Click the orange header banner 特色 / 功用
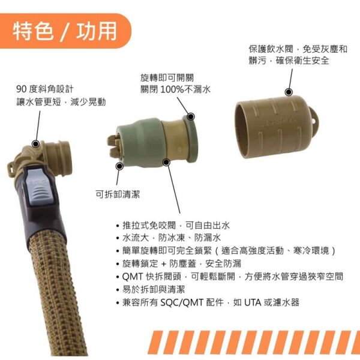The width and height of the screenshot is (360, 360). pos(65,31)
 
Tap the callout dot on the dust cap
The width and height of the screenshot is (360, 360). pos(289,92)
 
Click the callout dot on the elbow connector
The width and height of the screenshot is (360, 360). pos(35,144)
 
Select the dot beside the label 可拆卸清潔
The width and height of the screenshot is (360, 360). pos(119,166)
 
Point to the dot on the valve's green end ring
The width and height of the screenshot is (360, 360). pos(191,116)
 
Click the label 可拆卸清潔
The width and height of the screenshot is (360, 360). pos(118,194)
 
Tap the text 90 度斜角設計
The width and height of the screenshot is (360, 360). pos(45,89)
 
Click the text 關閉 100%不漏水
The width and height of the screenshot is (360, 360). pos(175,89)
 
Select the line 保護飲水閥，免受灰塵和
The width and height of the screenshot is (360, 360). pos(298,49)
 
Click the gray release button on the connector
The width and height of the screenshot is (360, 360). pos(38,186)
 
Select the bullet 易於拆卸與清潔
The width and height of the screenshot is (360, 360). pos(151,290)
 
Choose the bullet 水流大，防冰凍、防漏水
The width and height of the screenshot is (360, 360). pos(169,238)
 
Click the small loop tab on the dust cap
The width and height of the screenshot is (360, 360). pos(313,119)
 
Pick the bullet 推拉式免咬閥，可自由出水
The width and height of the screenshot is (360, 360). pos(173,226)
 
